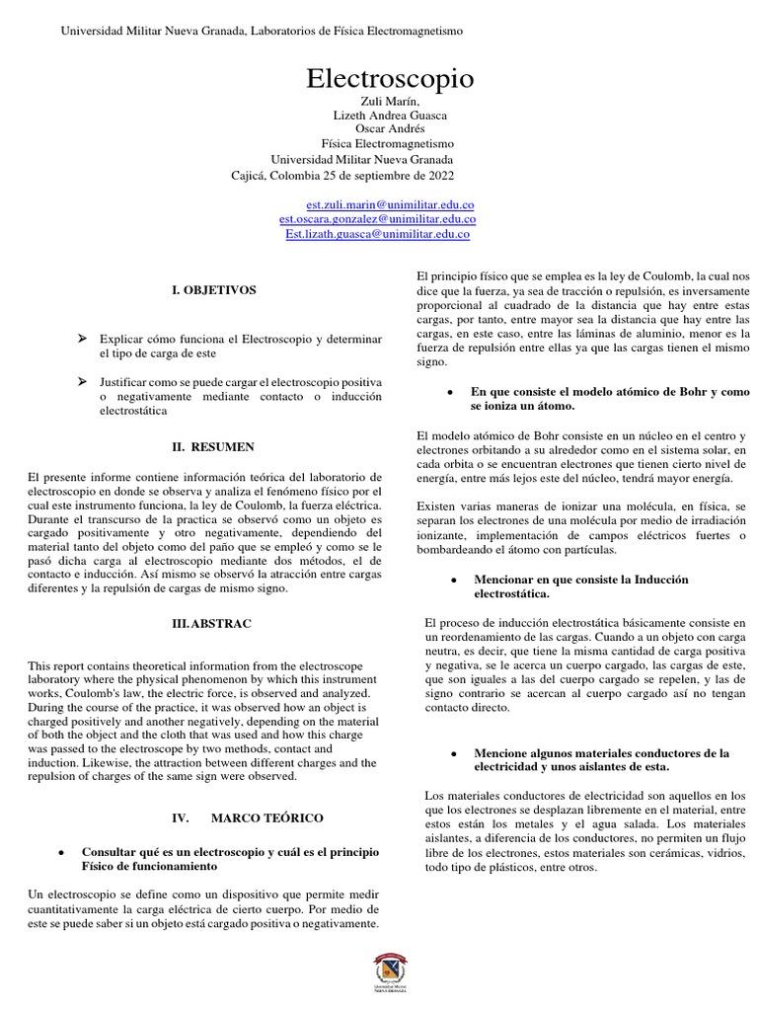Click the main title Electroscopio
[376, 79]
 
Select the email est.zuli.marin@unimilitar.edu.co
[378, 203]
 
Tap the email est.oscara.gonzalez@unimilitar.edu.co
[378, 219]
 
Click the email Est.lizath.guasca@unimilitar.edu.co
[378, 235]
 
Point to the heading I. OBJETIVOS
[214, 290]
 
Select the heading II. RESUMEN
[214, 447]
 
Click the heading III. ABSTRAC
[212, 624]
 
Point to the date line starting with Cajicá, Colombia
[342, 176]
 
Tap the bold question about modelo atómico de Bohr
[609, 399]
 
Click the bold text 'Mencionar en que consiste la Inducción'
[581, 586]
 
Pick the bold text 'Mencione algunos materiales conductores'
[601, 759]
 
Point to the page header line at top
[263, 32]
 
